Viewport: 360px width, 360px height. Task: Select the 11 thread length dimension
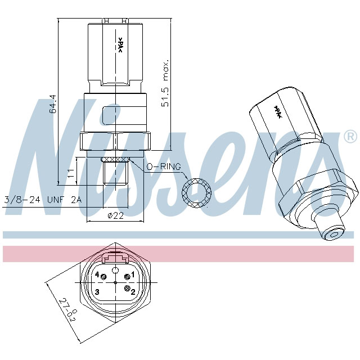[x=71, y=173]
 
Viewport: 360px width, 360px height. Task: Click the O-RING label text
[x=163, y=167]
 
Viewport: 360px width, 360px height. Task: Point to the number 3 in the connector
[x=97, y=291]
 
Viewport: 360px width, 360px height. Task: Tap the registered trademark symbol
[x=349, y=136]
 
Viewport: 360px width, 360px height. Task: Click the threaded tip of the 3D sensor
[x=332, y=231]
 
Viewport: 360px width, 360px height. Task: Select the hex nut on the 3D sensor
[x=318, y=194]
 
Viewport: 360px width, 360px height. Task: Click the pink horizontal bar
[x=180, y=253]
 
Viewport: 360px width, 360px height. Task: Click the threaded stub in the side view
[x=115, y=174]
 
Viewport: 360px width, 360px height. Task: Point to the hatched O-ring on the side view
[x=115, y=159]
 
